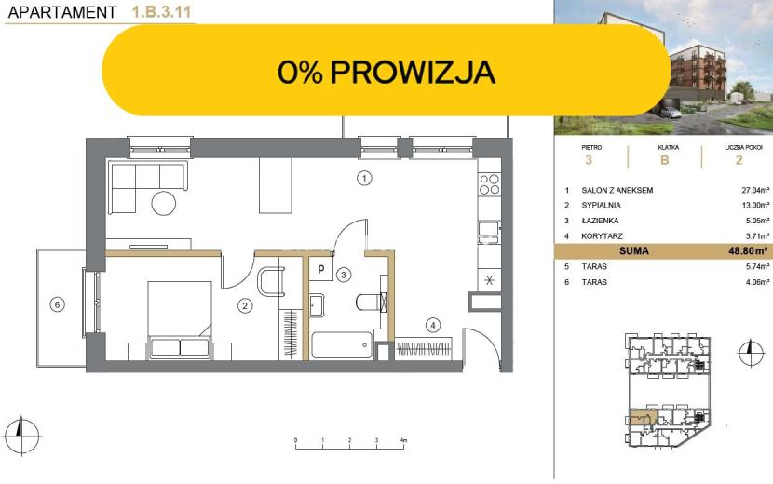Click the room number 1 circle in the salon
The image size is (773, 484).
point(364,178)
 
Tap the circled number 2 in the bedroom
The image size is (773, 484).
point(245,306)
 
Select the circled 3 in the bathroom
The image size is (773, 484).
point(344,275)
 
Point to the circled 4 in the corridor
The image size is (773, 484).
point(433,325)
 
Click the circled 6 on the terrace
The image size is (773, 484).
point(57,304)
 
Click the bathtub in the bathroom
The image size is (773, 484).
point(341,345)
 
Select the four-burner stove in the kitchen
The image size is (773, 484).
point(490,184)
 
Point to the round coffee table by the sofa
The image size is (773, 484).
point(164,203)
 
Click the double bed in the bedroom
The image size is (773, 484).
point(180,319)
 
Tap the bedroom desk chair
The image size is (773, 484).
point(271,281)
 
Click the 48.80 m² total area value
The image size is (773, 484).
point(748,251)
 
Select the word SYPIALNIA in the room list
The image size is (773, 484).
point(601,205)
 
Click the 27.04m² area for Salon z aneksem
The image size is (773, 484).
point(755,190)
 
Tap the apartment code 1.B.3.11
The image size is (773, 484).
point(161,12)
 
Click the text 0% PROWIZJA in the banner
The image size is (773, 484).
point(386,72)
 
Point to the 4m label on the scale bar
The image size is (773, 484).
point(404,440)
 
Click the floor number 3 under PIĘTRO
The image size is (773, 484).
point(588,160)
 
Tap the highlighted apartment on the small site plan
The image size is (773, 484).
point(641,418)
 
